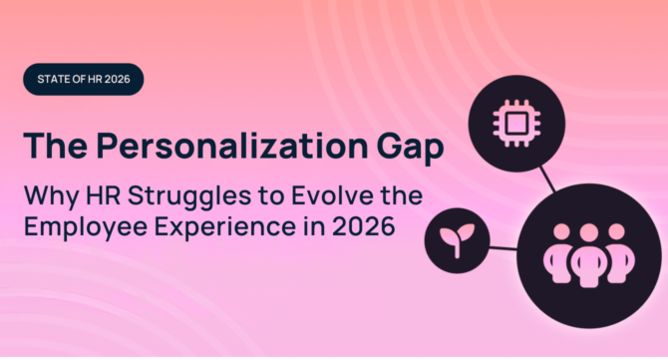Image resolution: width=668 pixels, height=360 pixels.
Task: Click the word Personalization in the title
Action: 244,147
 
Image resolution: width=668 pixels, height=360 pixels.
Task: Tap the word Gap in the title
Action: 410,147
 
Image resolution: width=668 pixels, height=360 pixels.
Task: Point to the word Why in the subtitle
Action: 46,195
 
